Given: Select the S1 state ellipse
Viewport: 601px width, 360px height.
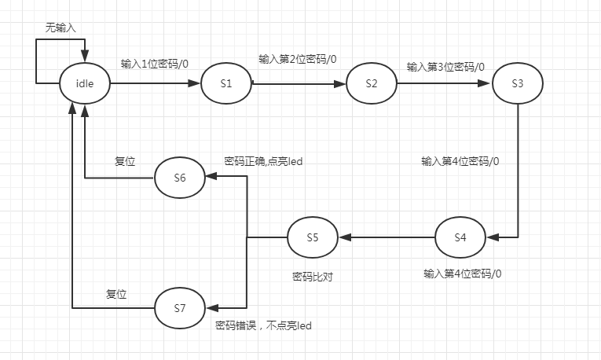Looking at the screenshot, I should coord(225,83).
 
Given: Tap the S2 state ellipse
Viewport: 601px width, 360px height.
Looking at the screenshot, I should coord(372,83).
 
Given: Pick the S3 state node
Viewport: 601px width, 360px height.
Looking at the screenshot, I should coord(518,83).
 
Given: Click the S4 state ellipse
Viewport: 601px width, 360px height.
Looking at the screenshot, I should coord(460,237).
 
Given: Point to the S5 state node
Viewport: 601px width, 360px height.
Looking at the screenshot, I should coord(312,237).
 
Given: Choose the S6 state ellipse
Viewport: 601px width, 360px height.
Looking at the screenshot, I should coord(180,178).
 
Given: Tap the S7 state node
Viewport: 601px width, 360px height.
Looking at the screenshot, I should coord(180,307).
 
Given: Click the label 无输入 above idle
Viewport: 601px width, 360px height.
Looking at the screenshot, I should coord(60,27).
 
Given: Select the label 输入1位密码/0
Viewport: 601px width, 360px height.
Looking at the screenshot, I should coord(155,64).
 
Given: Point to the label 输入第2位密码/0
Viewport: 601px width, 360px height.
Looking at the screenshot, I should coord(298,59).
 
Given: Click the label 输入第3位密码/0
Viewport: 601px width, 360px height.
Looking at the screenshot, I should coord(445,66).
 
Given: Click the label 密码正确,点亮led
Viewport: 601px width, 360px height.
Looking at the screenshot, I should coord(264,161).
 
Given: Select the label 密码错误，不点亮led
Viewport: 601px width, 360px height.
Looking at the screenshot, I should coord(263,325).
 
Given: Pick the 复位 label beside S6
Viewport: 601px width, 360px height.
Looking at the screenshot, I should coord(125,161).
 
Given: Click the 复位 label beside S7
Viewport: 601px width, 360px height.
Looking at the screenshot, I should coord(117,294).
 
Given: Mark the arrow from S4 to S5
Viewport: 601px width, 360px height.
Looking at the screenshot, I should coord(387,237).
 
